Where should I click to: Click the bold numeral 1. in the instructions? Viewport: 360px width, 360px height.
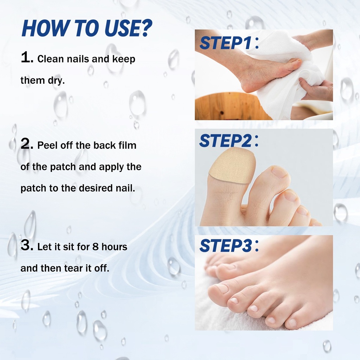(27, 57)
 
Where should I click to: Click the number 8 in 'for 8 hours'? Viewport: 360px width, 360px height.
(96, 247)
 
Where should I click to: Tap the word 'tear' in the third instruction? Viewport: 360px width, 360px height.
(74, 268)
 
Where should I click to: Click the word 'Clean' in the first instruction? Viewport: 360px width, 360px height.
(50, 59)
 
